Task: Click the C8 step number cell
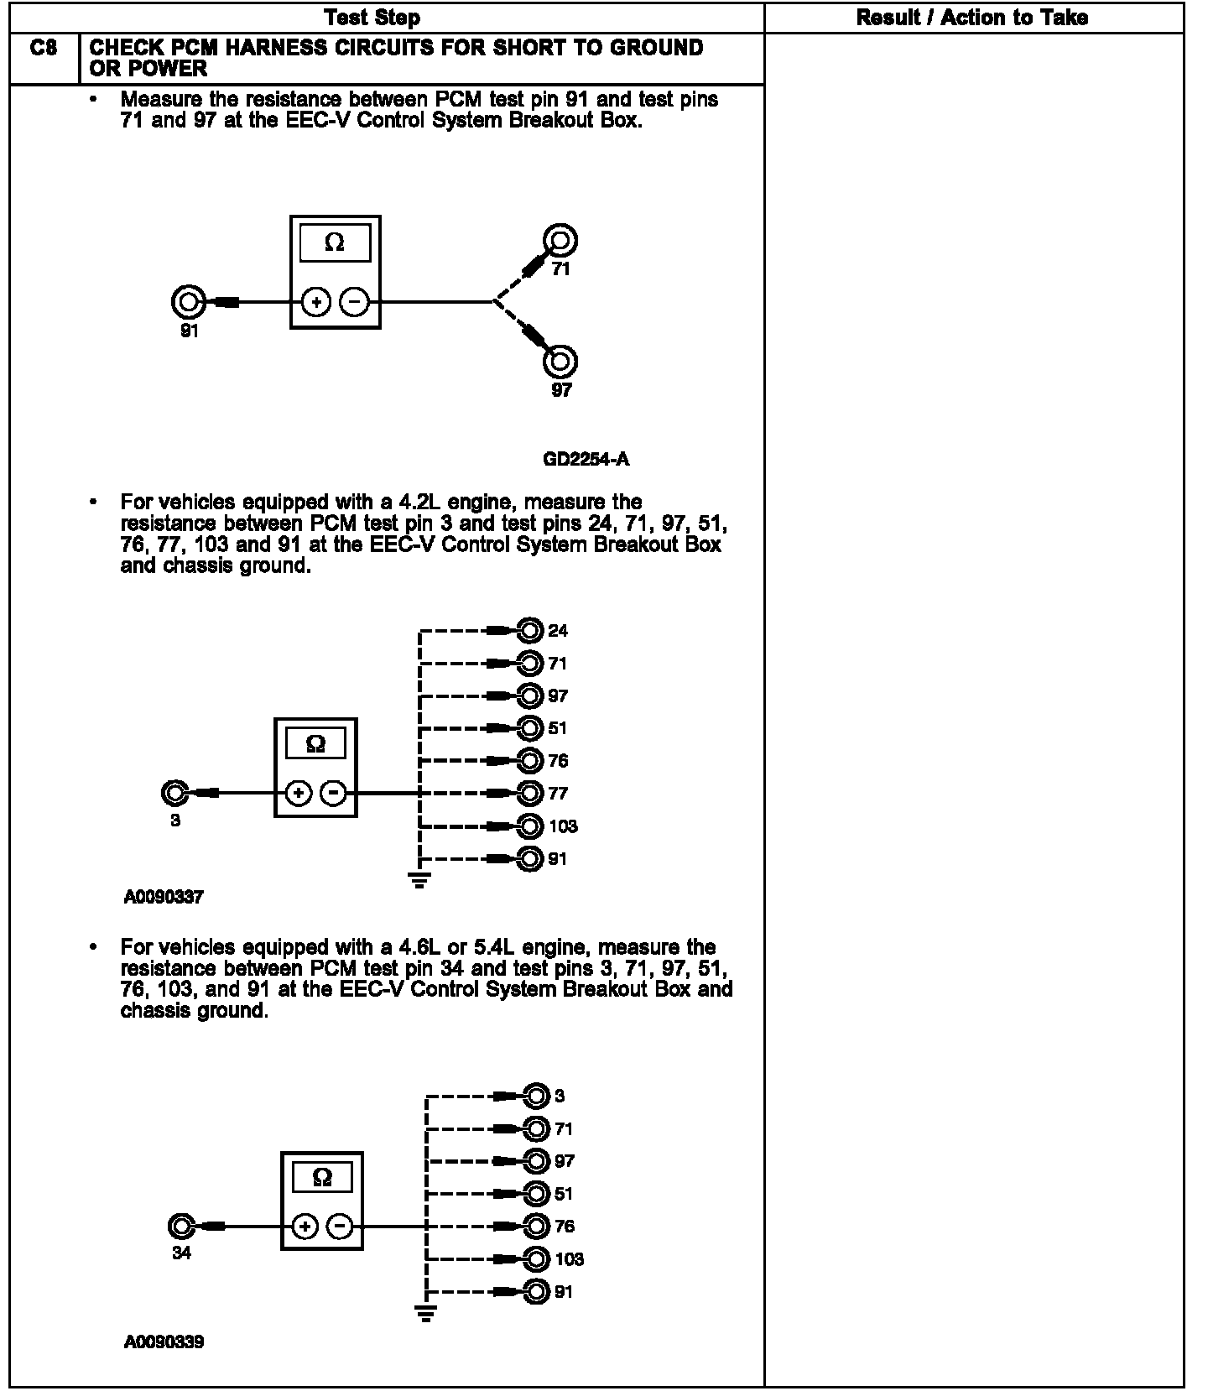coord(44,49)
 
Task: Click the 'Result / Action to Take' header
coord(972,18)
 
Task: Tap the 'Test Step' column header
coord(372,18)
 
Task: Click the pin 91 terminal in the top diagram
coord(188,301)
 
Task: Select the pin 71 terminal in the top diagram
coord(560,241)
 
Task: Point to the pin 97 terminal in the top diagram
coord(560,362)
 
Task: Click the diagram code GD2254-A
coord(586,459)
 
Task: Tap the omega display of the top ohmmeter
coord(334,243)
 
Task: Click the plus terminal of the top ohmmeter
coord(315,302)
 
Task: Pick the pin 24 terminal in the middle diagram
coord(530,630)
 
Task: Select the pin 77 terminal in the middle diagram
coord(530,793)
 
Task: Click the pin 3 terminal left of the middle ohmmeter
coord(174,793)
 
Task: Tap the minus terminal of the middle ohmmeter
coord(334,793)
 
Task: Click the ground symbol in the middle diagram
coord(419,880)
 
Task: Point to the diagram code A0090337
coord(164,898)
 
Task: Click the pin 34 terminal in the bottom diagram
coord(180,1227)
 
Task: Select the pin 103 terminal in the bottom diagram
coord(536,1258)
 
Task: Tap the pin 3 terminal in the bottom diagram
coord(536,1096)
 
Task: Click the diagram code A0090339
coord(164,1342)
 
